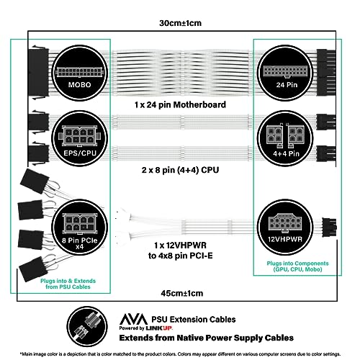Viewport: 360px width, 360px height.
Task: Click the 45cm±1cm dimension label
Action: click(181, 293)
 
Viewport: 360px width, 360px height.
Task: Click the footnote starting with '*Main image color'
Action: click(180, 353)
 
